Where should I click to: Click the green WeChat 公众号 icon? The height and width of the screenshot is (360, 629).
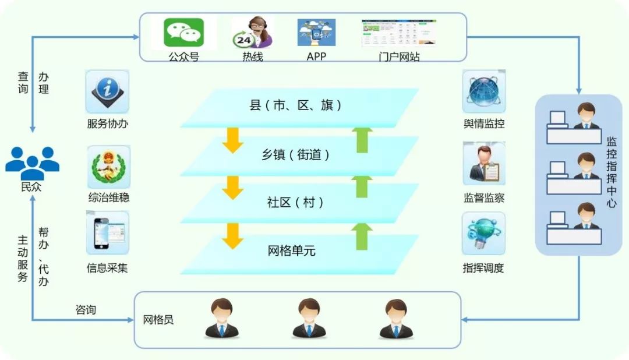click(x=183, y=33)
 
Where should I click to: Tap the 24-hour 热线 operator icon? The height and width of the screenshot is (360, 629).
click(x=252, y=33)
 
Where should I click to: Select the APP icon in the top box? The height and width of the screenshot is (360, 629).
click(x=316, y=34)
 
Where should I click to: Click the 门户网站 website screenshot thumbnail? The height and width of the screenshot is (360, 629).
click(x=398, y=34)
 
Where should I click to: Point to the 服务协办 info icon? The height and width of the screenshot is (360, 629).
click(x=107, y=91)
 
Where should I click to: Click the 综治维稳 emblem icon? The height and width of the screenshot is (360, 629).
click(x=108, y=167)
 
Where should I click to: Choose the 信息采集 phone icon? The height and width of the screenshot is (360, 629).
click(x=108, y=233)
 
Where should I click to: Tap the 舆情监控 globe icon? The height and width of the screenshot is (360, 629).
click(x=483, y=91)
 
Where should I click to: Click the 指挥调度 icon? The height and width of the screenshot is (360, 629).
click(x=483, y=233)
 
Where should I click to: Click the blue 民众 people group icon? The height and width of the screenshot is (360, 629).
click(x=32, y=163)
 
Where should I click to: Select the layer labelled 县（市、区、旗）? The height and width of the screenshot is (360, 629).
click(x=295, y=106)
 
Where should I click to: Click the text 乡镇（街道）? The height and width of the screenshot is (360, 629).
click(x=295, y=155)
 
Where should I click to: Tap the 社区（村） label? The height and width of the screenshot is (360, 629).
click(x=295, y=203)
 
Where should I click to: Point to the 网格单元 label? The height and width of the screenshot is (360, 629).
click(x=292, y=251)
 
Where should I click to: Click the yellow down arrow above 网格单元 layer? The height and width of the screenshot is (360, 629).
click(x=232, y=235)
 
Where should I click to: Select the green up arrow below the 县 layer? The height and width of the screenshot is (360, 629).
click(x=363, y=140)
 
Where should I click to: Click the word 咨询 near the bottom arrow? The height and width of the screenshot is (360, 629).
click(x=86, y=309)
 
